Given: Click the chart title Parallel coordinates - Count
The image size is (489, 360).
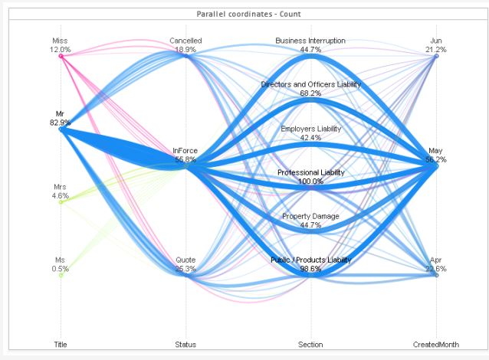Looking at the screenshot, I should [x=244, y=15].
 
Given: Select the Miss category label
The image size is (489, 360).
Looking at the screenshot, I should [x=61, y=41].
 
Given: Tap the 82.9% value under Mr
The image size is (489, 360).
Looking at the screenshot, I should [x=61, y=123].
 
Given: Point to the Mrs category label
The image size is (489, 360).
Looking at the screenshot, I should [x=61, y=187].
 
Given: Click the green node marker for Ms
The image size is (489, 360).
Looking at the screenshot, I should [x=61, y=275].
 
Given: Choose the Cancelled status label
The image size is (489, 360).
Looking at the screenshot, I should [x=185, y=41].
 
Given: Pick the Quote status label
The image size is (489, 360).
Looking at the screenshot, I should [x=185, y=260].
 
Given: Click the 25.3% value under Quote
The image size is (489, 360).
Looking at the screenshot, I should [x=185, y=269].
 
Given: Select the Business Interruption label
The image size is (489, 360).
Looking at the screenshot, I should [x=310, y=41].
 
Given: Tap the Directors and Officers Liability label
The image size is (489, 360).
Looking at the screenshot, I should [x=310, y=84].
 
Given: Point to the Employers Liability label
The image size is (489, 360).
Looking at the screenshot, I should [x=310, y=129].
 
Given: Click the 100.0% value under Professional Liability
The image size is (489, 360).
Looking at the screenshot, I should [x=310, y=182].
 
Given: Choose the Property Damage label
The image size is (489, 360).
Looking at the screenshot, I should [x=310, y=217].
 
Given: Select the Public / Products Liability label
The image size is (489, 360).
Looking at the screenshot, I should [x=310, y=260].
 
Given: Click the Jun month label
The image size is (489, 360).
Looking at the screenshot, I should [x=436, y=41].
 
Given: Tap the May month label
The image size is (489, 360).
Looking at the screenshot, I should [x=436, y=151].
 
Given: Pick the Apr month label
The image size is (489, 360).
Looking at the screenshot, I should [x=436, y=260].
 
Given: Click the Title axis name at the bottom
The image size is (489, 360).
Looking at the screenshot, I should [x=61, y=345].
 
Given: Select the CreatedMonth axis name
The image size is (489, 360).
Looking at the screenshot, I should [x=436, y=345].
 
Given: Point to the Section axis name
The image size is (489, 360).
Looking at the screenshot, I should [x=310, y=345].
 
